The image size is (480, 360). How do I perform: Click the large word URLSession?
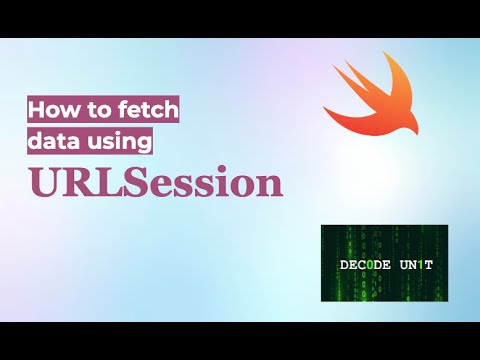point(155,186)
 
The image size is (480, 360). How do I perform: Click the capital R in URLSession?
point(72,186)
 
